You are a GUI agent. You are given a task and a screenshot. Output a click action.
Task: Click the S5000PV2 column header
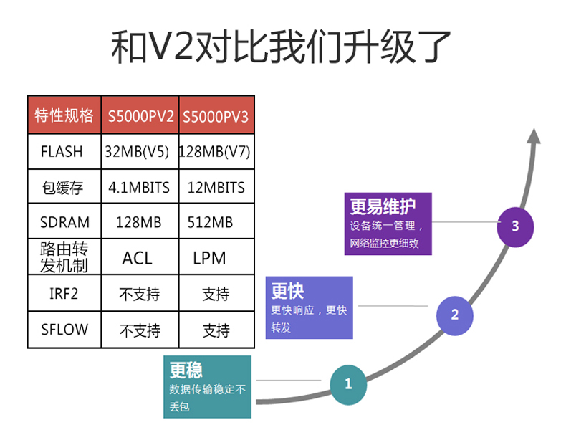[x=140, y=116]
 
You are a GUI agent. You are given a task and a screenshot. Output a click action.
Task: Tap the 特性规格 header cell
[x=64, y=115]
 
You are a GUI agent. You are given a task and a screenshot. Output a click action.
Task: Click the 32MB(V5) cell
[x=137, y=152]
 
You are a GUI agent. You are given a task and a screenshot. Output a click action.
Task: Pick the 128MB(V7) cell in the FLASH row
[x=215, y=152]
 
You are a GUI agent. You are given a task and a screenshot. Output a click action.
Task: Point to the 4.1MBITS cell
[x=139, y=188]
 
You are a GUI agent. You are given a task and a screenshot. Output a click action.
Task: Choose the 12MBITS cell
[x=216, y=188]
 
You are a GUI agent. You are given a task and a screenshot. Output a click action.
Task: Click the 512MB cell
[x=210, y=222]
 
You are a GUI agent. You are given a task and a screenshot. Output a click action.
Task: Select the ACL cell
[x=137, y=259]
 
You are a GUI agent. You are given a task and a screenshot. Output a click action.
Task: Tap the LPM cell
[x=209, y=259]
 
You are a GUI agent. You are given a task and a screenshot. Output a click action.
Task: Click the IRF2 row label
[x=64, y=294]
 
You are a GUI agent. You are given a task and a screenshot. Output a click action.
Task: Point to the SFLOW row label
[x=64, y=329]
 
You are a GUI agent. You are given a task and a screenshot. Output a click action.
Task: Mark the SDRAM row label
[x=64, y=222]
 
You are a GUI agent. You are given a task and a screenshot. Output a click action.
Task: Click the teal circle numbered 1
[x=348, y=385]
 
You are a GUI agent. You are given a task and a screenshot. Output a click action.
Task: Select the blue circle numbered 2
[x=454, y=316]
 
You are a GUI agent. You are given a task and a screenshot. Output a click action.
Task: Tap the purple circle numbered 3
[x=515, y=227]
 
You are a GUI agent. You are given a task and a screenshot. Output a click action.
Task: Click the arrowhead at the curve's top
[x=534, y=135]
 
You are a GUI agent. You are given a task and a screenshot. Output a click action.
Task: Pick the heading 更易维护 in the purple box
[x=383, y=207]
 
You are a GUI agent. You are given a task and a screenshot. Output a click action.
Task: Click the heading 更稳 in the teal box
[x=186, y=370]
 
